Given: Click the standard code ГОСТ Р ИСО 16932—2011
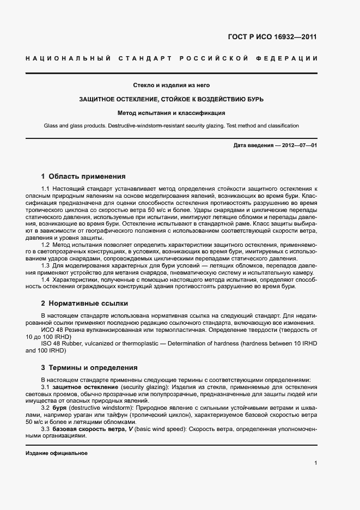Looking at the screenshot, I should (271, 37).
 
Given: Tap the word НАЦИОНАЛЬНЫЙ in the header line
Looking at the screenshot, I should (68, 58).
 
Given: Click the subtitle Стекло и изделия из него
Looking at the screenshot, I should (172, 85).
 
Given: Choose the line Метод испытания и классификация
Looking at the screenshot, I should (172, 113).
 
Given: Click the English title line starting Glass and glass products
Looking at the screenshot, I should (172, 126).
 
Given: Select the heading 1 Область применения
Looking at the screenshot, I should (83, 177).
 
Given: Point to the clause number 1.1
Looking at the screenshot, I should (46, 188).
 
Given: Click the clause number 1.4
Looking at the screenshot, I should (46, 280).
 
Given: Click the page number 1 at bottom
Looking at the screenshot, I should (315, 463).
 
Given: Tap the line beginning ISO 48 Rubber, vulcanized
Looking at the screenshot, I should (163, 343).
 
